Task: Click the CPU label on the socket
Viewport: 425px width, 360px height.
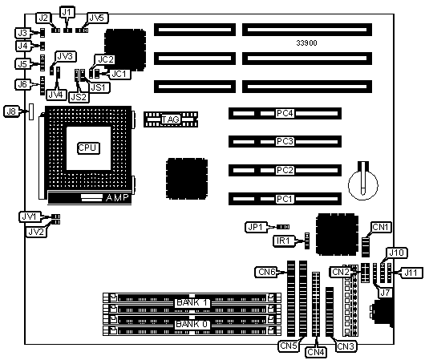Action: tap(88, 148)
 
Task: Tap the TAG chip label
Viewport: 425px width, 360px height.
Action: tap(171, 119)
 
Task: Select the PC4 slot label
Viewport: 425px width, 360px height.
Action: tap(285, 113)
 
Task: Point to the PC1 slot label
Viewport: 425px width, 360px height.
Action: tap(285, 199)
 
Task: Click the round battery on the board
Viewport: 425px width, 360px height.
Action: tap(363, 185)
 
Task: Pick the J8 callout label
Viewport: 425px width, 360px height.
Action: tap(11, 111)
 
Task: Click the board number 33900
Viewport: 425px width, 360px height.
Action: tap(306, 42)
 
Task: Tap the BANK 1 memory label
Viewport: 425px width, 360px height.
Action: tap(192, 302)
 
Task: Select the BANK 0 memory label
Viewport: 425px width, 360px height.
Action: tap(192, 324)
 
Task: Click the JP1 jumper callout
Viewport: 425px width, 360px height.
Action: tap(255, 227)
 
